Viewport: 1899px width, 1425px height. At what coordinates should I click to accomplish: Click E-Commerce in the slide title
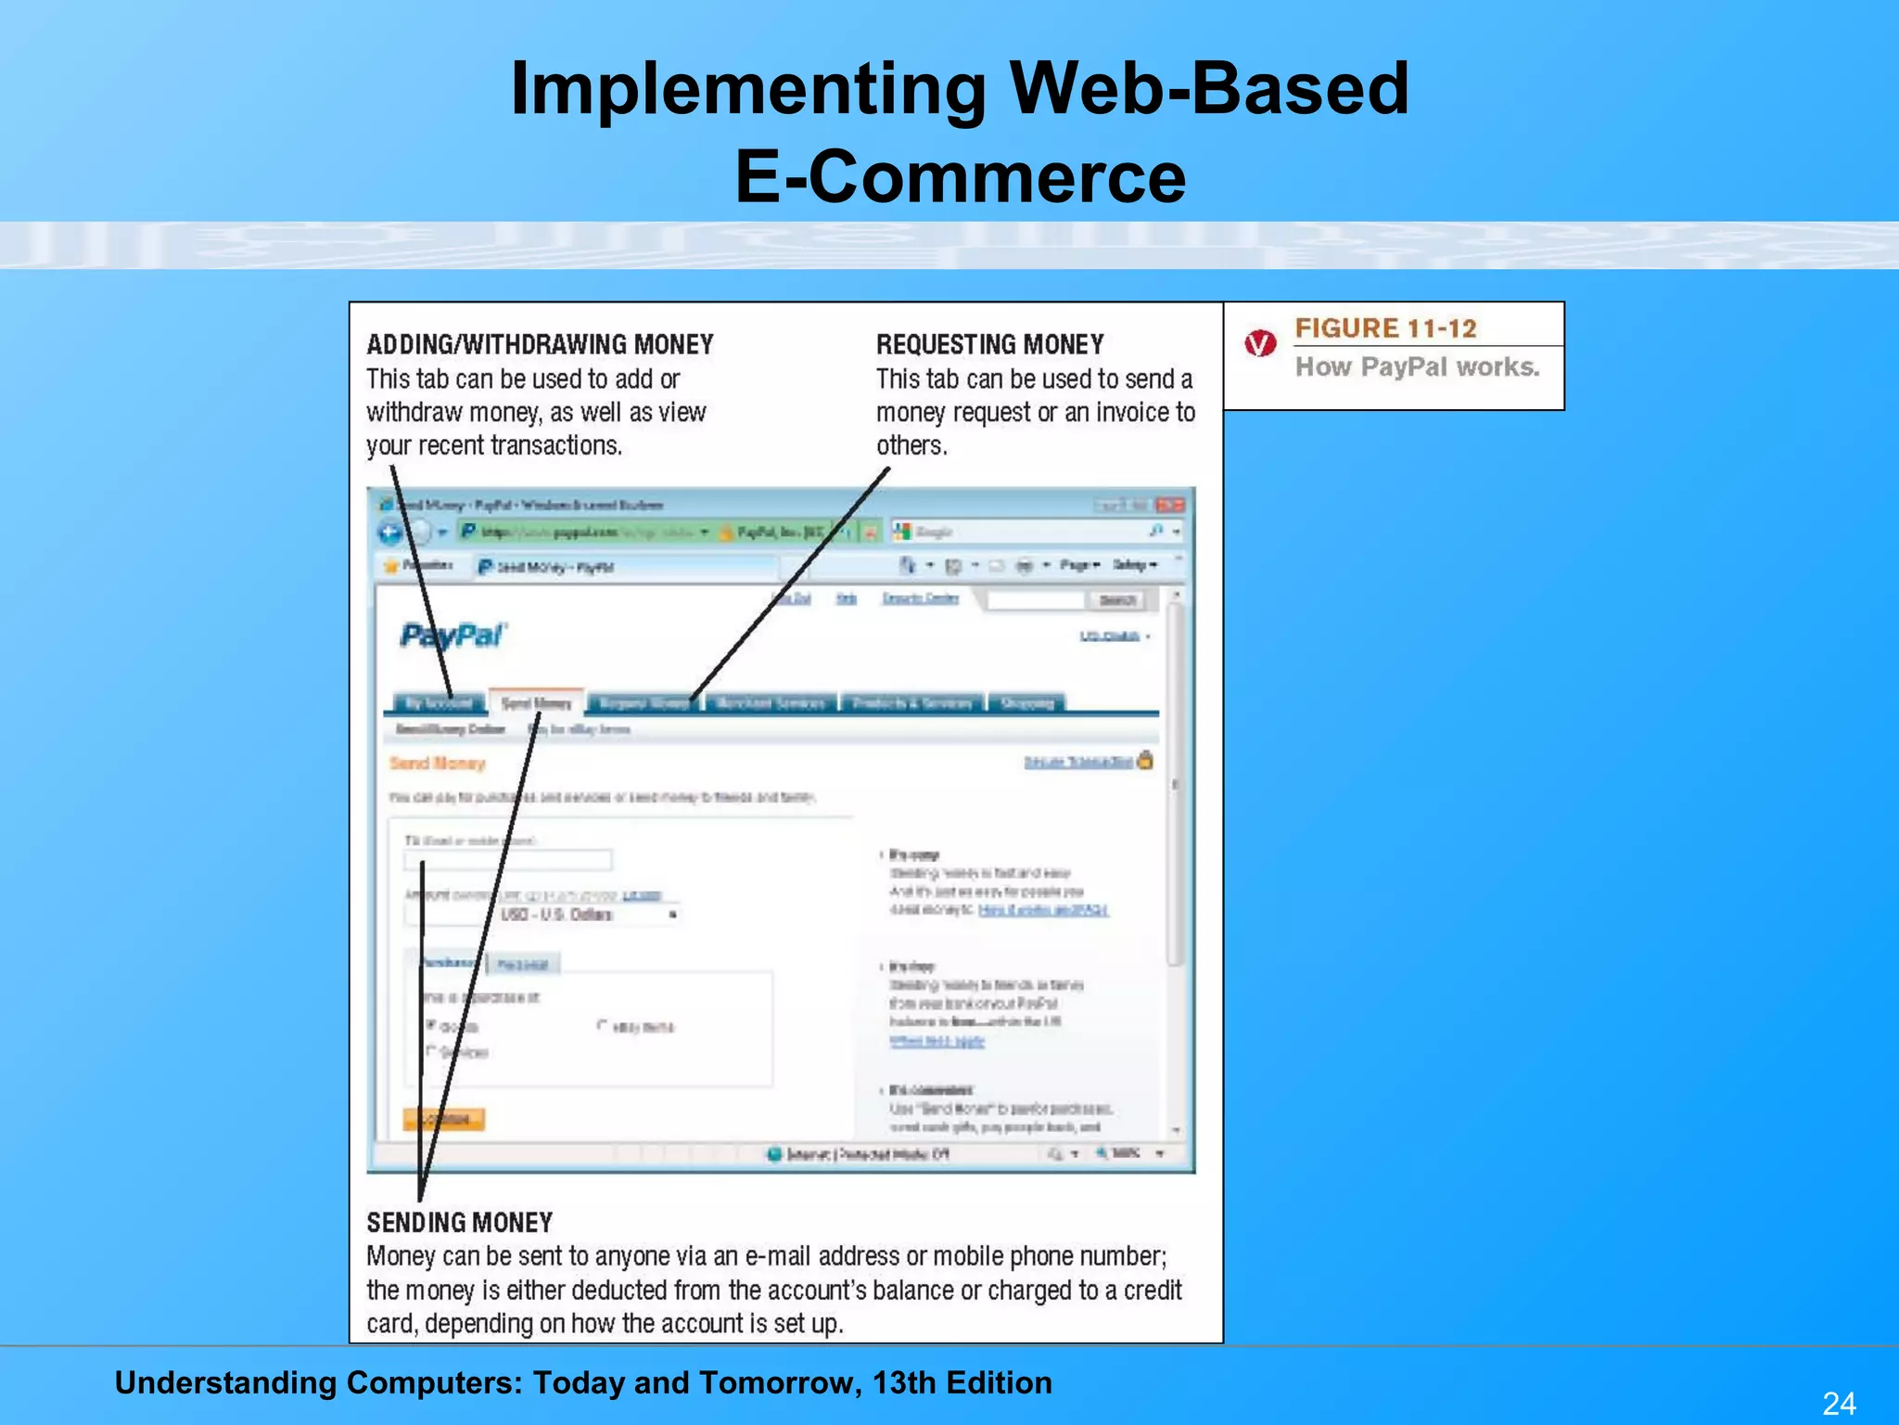(960, 176)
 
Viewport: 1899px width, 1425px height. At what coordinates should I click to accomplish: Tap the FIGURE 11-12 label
(1385, 328)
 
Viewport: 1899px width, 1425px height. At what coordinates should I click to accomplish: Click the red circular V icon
(1260, 344)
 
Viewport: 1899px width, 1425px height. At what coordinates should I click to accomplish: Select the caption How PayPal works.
(1417, 367)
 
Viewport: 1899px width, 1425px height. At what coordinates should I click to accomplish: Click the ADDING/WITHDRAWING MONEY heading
(540, 345)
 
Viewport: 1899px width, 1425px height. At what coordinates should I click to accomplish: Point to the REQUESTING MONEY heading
(989, 345)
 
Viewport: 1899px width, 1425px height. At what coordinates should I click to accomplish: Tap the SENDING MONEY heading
(459, 1223)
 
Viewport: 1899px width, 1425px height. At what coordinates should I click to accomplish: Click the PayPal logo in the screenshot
(453, 636)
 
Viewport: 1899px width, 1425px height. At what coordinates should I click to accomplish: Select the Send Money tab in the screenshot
(536, 703)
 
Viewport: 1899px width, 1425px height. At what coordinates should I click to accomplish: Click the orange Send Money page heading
(438, 764)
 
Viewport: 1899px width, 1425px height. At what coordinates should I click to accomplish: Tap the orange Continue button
(444, 1119)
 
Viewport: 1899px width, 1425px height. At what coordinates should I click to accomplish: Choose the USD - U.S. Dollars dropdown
(588, 915)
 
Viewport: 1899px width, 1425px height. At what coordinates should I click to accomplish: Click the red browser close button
(1171, 505)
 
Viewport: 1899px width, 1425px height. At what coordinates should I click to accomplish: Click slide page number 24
(1838, 1403)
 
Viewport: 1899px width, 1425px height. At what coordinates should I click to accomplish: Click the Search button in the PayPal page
(1116, 600)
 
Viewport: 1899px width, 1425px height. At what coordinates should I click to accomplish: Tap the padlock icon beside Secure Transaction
(1145, 761)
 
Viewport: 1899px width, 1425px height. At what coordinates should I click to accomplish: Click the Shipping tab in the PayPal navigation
(1026, 703)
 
